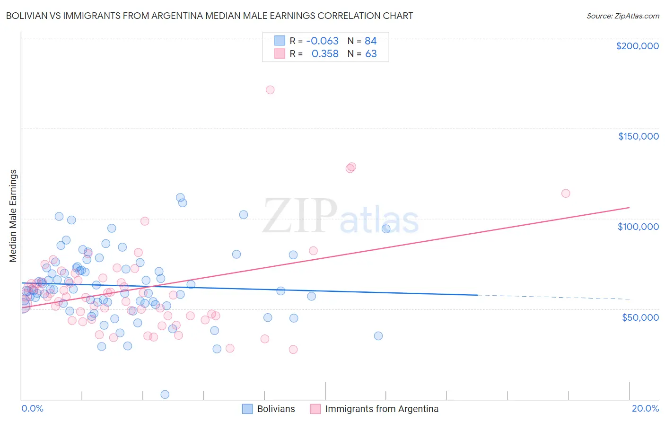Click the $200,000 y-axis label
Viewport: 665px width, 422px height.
click(637, 46)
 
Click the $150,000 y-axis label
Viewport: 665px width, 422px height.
click(638, 136)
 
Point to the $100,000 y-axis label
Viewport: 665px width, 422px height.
click(638, 227)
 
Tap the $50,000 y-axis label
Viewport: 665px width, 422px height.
click(640, 317)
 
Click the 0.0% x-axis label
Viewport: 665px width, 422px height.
click(32, 408)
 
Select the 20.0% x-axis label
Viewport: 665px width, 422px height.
click(645, 408)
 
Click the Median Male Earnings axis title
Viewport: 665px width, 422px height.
click(13, 216)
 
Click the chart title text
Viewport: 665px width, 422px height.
click(210, 16)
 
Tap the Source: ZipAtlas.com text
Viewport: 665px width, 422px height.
click(622, 16)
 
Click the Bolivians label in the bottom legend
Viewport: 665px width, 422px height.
click(276, 409)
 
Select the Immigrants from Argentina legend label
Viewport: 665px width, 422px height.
click(382, 409)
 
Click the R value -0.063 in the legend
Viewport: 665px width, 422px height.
click(322, 41)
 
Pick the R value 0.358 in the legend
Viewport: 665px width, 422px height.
click(325, 54)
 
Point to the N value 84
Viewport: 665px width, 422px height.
click(370, 41)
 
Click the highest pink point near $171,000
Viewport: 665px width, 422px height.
click(270, 90)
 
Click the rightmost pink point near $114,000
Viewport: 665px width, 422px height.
click(566, 193)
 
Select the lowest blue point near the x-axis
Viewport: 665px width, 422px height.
click(165, 394)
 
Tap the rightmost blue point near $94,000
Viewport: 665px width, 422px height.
click(386, 229)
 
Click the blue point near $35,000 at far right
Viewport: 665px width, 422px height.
click(378, 336)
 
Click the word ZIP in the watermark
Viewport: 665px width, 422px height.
click(299, 216)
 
